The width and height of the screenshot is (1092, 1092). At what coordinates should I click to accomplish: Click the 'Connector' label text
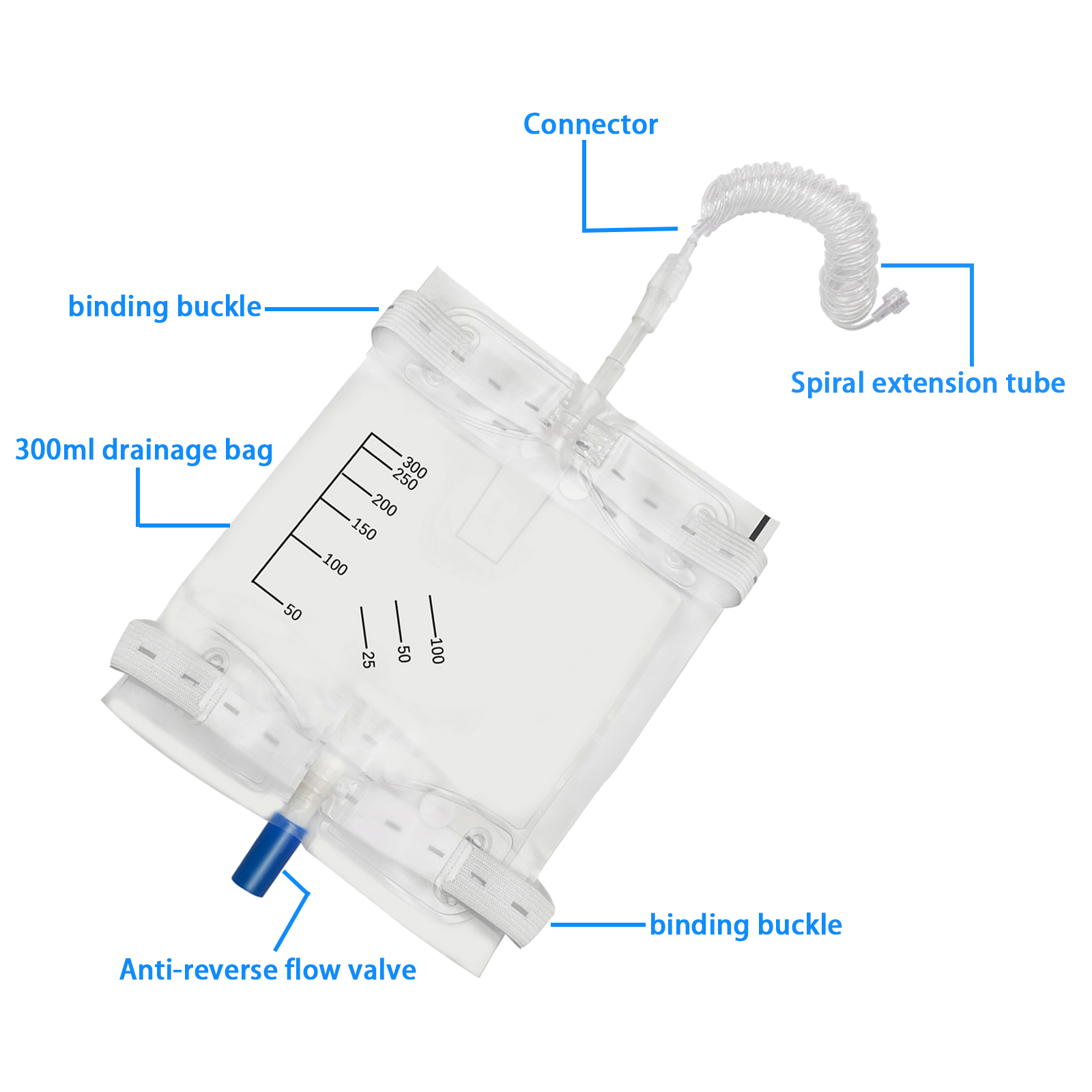[x=590, y=124]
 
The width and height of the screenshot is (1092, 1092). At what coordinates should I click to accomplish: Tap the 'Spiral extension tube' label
[x=928, y=383]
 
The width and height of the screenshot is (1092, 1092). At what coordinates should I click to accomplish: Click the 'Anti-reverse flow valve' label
[x=268, y=970]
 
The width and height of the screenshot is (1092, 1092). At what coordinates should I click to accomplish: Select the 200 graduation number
[x=384, y=505]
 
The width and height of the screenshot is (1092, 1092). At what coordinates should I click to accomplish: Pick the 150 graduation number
[x=364, y=529]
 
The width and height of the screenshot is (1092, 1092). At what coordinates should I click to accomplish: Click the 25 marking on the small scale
[x=368, y=659]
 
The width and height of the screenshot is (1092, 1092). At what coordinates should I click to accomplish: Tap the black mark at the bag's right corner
[x=763, y=529]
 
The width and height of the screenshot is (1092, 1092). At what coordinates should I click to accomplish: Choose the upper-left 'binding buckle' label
[x=164, y=306]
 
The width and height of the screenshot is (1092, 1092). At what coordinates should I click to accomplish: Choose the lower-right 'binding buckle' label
[x=745, y=925]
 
